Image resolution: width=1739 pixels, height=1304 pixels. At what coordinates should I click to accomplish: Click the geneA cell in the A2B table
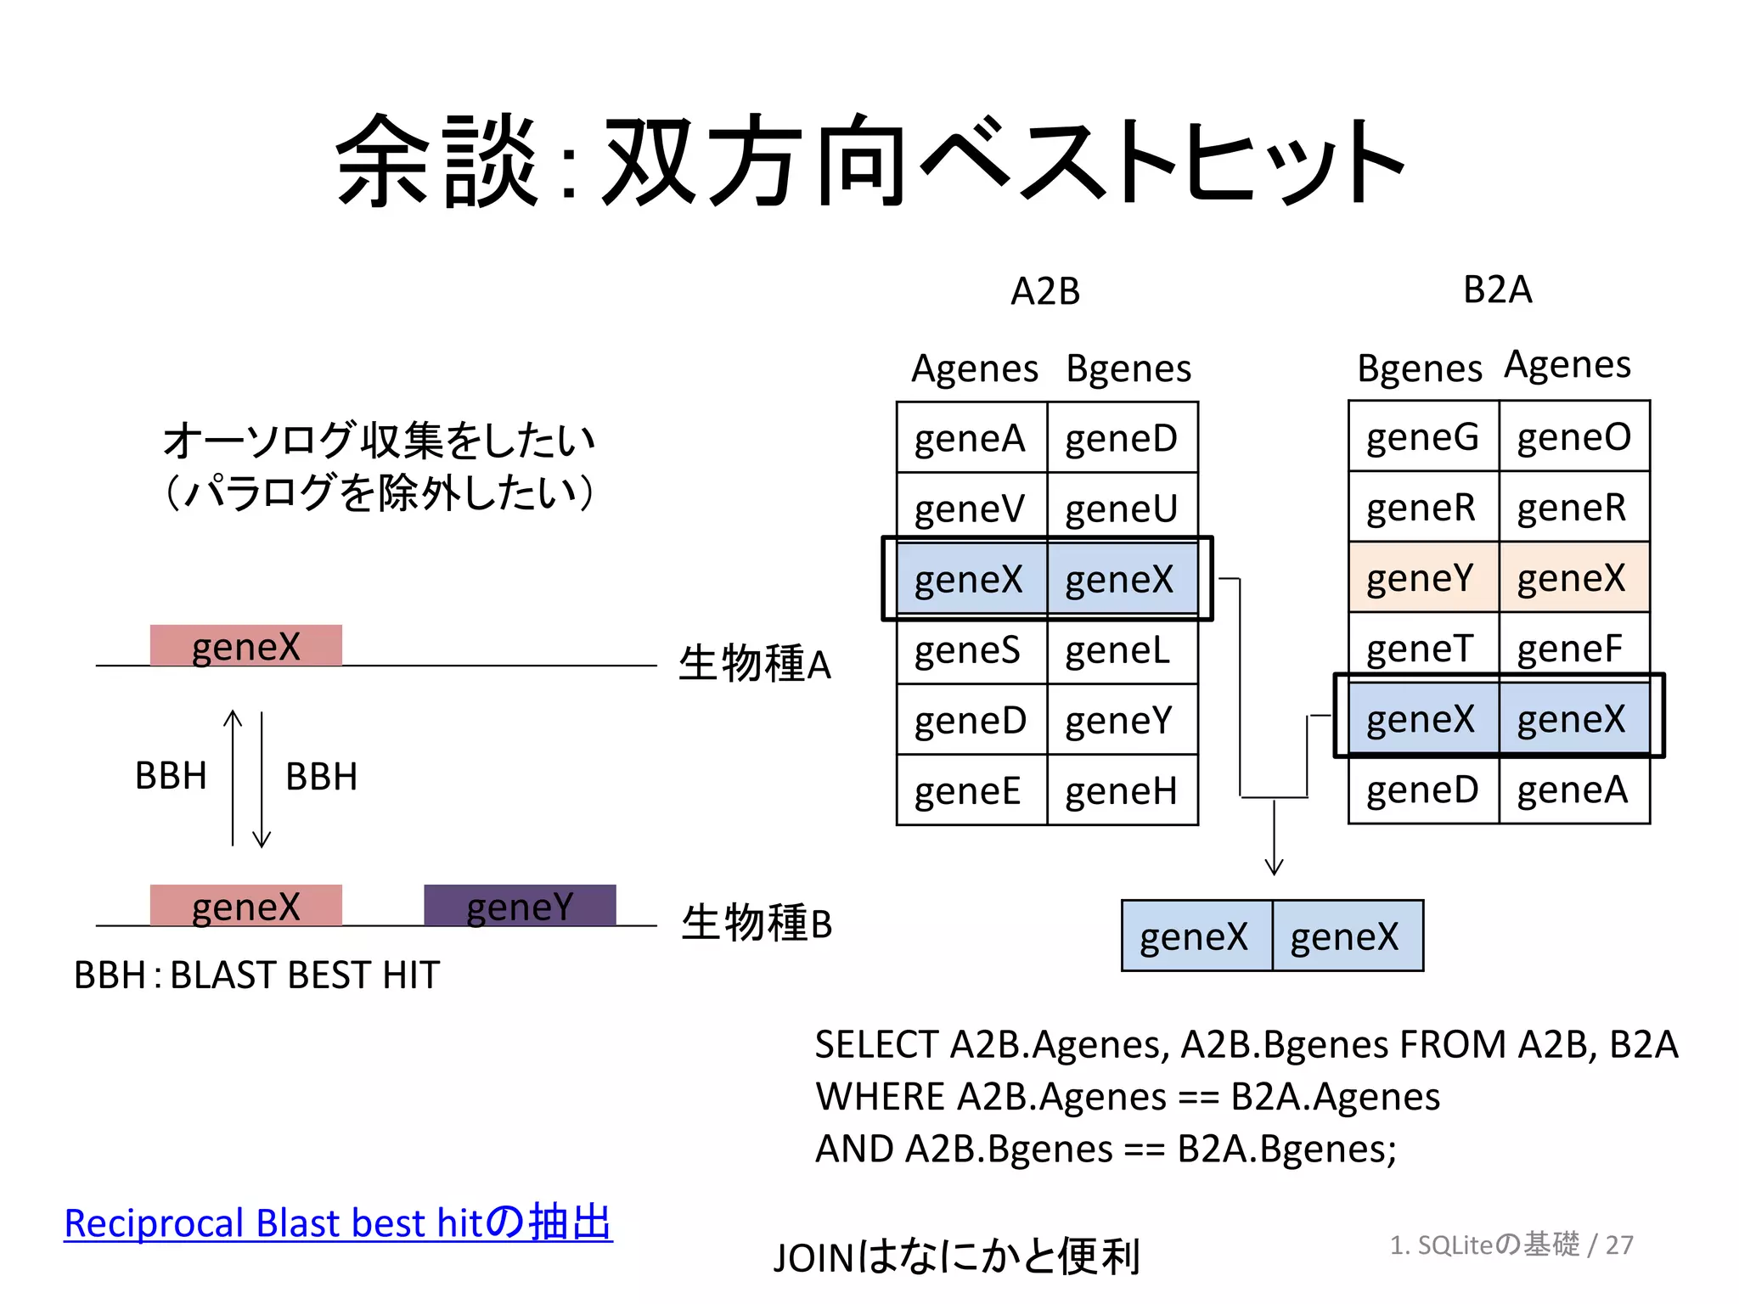[971, 439]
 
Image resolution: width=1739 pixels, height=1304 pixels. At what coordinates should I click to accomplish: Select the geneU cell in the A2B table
[1122, 509]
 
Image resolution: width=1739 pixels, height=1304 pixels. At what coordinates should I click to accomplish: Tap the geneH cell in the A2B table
[1122, 791]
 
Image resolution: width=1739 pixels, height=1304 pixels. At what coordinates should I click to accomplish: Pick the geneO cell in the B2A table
[1573, 437]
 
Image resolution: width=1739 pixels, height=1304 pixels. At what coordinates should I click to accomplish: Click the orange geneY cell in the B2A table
[1422, 578]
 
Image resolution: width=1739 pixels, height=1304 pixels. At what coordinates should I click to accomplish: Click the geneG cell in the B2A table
[1422, 437]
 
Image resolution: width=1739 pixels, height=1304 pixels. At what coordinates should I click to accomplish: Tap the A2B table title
[1045, 291]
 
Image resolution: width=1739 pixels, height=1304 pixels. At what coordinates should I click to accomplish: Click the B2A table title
[1497, 289]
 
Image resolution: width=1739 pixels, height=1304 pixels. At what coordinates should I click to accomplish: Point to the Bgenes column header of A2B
[1128, 368]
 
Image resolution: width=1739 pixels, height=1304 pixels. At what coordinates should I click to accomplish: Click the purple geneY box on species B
[520, 906]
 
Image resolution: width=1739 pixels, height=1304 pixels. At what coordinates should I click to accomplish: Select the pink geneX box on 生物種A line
[245, 646]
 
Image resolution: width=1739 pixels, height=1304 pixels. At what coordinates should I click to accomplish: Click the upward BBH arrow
[233, 777]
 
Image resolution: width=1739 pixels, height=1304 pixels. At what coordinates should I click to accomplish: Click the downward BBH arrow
[262, 779]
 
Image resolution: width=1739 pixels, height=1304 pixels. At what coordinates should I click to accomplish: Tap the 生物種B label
[757, 923]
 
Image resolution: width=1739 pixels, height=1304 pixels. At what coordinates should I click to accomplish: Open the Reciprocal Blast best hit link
[337, 1223]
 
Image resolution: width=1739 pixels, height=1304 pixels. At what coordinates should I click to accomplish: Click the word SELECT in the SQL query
[875, 1045]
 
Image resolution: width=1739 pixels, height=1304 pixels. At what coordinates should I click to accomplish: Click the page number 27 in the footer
[1619, 1245]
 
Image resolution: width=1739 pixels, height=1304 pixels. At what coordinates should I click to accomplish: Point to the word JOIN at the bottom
[813, 1258]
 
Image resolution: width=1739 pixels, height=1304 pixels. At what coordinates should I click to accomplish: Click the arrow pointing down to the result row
[1274, 840]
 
